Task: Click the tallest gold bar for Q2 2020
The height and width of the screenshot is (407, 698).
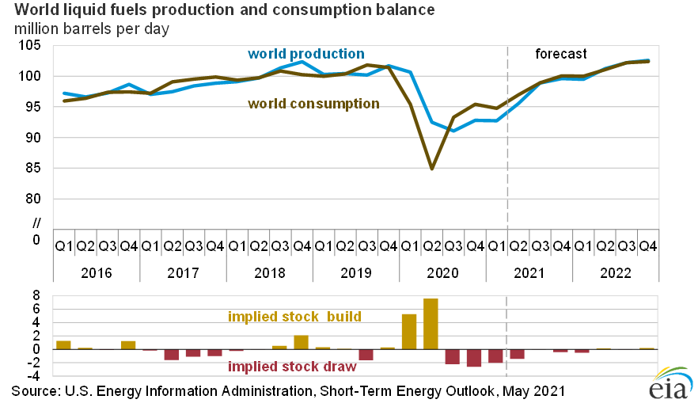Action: tap(431, 324)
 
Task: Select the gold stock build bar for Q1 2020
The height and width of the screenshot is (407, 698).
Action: tap(409, 332)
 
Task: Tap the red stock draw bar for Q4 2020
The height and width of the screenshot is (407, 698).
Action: tap(474, 358)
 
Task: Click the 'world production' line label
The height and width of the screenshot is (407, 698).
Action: tap(306, 54)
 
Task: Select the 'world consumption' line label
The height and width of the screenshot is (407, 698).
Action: tap(314, 104)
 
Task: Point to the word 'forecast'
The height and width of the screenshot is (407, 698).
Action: tap(561, 54)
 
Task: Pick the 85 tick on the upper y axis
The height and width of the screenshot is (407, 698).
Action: tap(31, 168)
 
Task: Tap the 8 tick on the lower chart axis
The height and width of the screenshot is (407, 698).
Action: tap(36, 295)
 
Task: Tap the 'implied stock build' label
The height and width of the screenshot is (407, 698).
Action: tap(294, 317)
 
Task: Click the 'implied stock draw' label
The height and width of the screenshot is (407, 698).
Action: tap(292, 367)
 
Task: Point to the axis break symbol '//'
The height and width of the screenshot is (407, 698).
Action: tap(36, 219)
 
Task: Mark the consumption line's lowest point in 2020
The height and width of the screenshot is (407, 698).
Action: tap(431, 169)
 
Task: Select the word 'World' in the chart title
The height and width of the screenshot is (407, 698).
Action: tap(36, 10)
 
